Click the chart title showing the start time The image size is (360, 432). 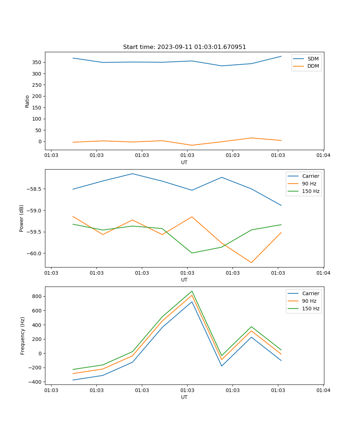[x=184, y=47]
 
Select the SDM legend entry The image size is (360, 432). [x=312, y=59]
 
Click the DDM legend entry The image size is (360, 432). [x=312, y=66]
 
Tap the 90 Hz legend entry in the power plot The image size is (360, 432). [x=309, y=184]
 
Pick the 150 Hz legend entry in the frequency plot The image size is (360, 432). [x=311, y=309]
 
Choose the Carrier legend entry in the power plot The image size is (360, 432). [x=310, y=176]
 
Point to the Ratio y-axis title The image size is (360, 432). [x=27, y=101]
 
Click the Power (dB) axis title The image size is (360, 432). [x=22, y=218]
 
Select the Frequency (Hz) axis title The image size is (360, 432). [x=23, y=336]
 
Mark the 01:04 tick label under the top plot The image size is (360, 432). [x=323, y=156]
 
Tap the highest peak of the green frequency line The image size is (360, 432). [x=192, y=291]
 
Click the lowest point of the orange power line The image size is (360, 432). [x=251, y=262]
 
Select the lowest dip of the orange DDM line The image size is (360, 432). [x=192, y=145]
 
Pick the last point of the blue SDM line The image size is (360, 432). [x=281, y=56]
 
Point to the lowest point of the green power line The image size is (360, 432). [x=192, y=253]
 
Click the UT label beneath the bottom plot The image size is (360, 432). [x=184, y=397]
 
